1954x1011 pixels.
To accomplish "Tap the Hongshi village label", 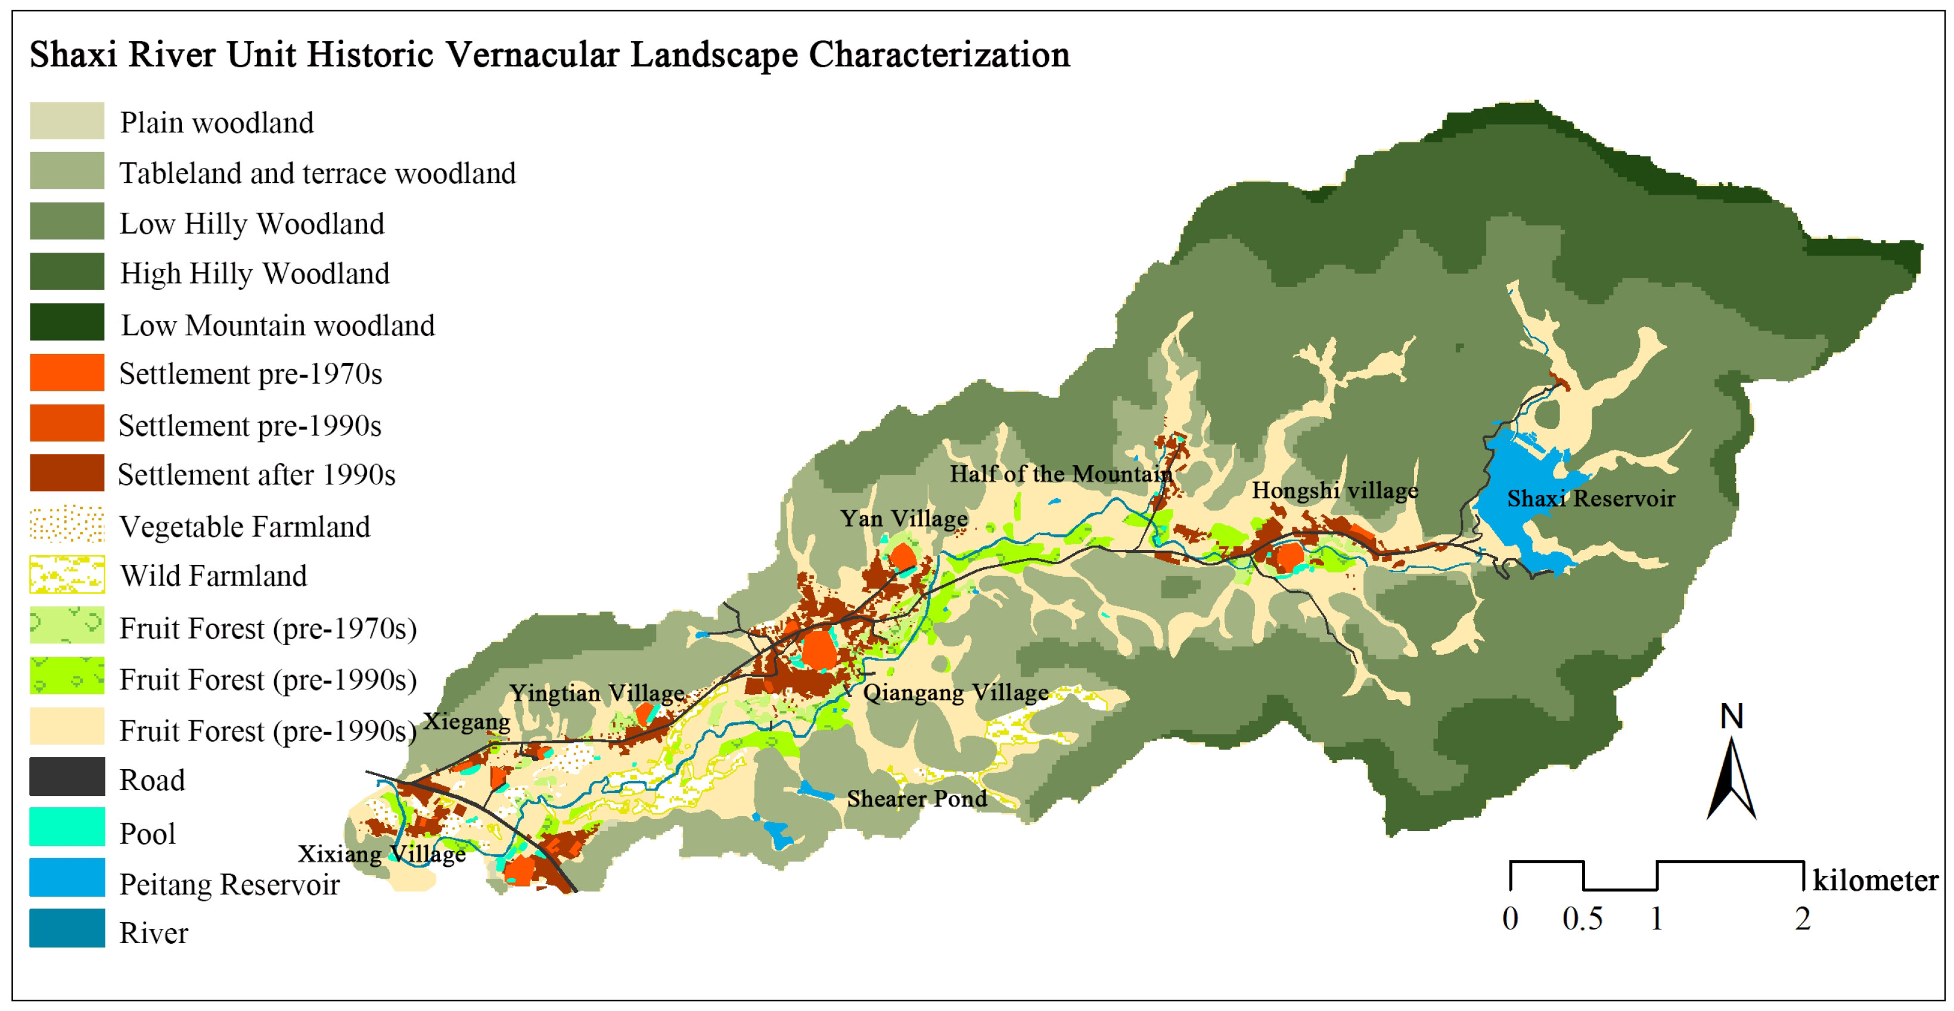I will tap(1334, 491).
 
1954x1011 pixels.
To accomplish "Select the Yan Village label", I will tap(903, 519).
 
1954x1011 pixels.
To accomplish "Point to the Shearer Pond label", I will tap(917, 799).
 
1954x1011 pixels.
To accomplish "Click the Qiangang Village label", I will tap(956, 692).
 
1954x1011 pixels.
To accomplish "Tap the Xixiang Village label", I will tap(381, 854).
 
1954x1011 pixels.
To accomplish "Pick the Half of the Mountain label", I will tap(1061, 474).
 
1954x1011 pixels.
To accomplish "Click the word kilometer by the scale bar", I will tap(1875, 881).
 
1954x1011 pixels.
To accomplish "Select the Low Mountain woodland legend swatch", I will tap(67, 322).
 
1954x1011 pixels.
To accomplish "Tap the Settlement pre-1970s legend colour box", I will tap(67, 372).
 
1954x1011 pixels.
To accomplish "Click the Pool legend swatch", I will tap(67, 827).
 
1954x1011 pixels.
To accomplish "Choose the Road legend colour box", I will tap(67, 777).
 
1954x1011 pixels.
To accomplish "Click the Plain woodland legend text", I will tap(216, 123).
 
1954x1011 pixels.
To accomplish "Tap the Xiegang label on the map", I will tap(466, 721).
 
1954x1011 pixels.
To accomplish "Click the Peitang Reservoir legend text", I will tap(229, 884).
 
